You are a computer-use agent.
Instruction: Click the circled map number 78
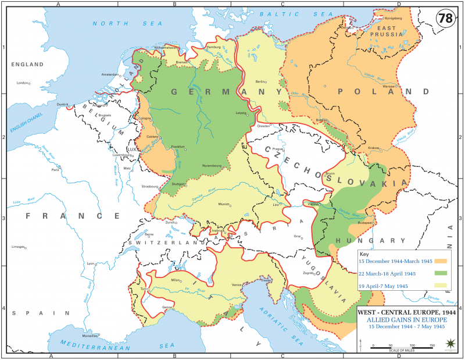click(445, 18)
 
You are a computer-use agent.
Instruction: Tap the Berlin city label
click(260, 81)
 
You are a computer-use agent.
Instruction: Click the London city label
click(23, 83)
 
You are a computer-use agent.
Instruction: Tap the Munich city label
click(223, 204)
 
